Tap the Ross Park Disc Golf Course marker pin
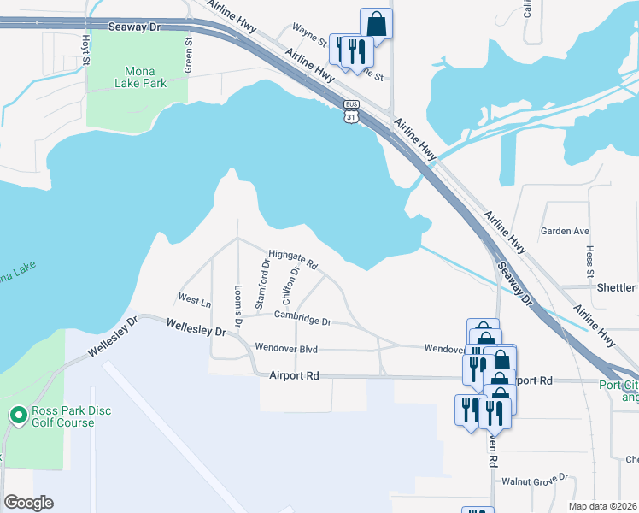[x=18, y=416]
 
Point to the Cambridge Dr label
[x=302, y=317]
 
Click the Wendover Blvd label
[x=286, y=349]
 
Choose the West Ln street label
[x=194, y=300]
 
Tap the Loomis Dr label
[x=238, y=300]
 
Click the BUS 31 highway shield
[x=351, y=114]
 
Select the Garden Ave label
[x=565, y=231]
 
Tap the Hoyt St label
[x=85, y=49]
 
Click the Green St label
[x=189, y=56]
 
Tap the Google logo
[x=28, y=503]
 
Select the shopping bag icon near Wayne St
[x=376, y=24]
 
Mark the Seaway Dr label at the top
[x=134, y=27]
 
